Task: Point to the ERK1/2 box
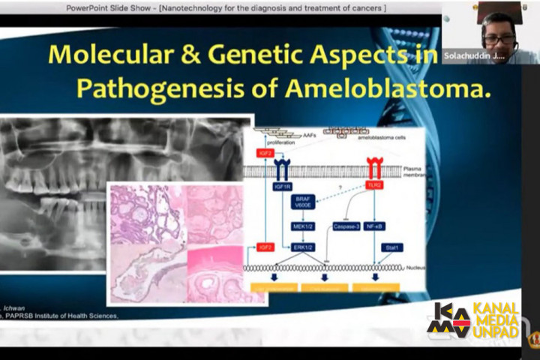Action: [x=304, y=247]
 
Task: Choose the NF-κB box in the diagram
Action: [x=376, y=225]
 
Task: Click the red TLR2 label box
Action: [x=375, y=184]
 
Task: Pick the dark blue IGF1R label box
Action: [x=283, y=184]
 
